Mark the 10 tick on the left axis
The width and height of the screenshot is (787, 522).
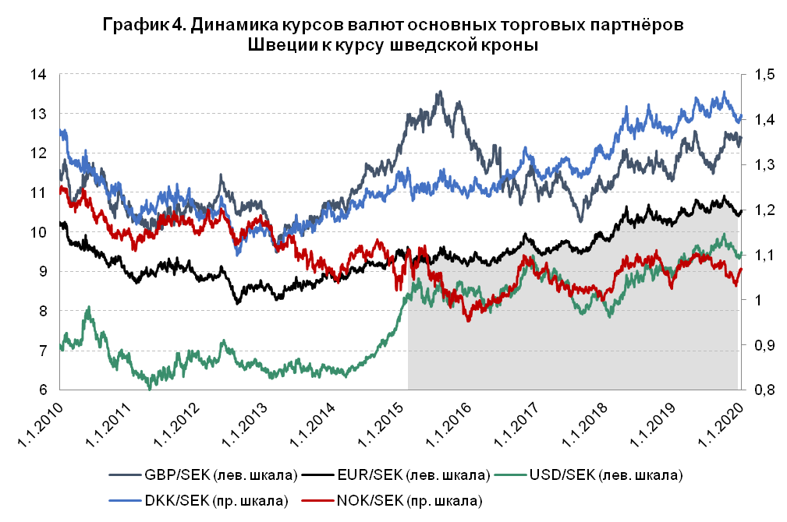point(39,232)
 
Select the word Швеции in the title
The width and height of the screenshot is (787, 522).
point(282,46)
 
